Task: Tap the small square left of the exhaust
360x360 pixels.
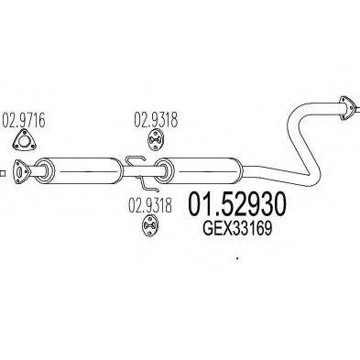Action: point(3,169)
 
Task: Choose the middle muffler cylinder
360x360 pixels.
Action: point(202,169)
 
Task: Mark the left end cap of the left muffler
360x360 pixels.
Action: point(56,169)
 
